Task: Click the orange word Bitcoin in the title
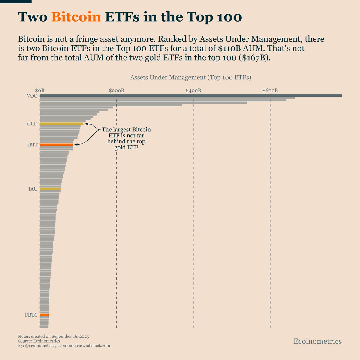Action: [x=76, y=17]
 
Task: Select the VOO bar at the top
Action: [x=190, y=95]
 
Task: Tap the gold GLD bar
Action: [x=61, y=124]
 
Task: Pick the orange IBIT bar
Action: [x=56, y=145]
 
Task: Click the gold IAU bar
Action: [x=50, y=189]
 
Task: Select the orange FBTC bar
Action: [x=44, y=315]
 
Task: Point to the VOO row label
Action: [x=32, y=96]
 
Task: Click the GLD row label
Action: [x=32, y=124]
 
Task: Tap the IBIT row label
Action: [x=32, y=145]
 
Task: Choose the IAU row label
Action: [x=33, y=189]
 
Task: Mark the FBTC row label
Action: [x=31, y=315]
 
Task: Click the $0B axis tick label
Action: [x=40, y=90]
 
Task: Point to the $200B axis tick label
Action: [x=116, y=90]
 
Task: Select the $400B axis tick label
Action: [x=193, y=90]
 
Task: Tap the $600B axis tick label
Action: [x=270, y=90]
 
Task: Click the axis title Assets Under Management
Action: [x=190, y=77]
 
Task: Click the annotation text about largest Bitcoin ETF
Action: [x=126, y=138]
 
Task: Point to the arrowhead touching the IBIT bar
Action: [x=76, y=145]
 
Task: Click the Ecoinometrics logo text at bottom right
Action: [x=317, y=341]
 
